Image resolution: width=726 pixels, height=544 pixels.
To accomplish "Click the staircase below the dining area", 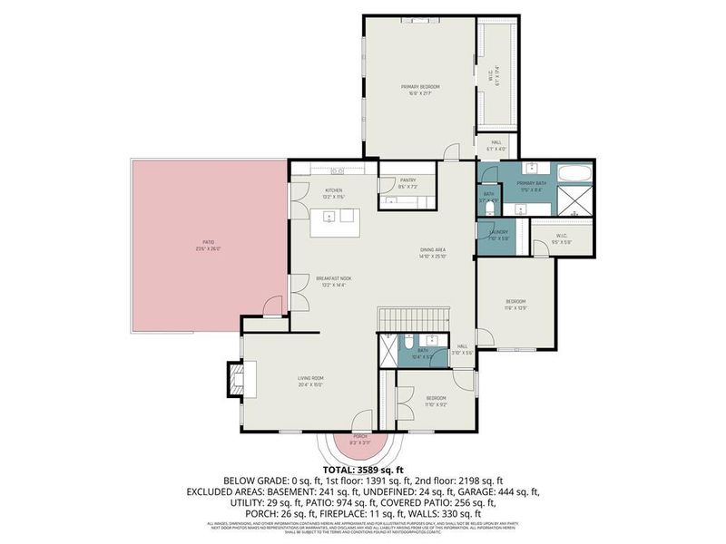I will (x=414, y=319).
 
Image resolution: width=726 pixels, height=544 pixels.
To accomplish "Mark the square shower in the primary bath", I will (x=575, y=201).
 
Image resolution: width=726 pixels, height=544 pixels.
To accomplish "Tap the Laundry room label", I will (x=498, y=233).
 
